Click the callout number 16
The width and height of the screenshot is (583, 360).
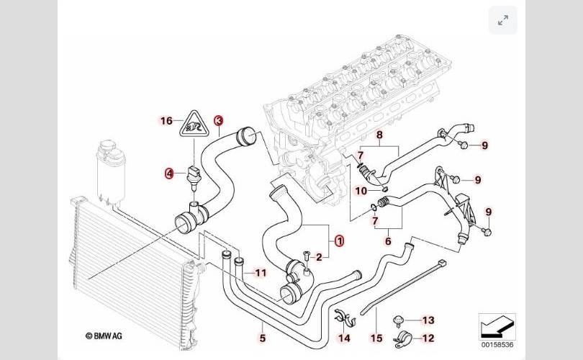[166, 121]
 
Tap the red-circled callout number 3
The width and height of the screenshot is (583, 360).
[218, 121]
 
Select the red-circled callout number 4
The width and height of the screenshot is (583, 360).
[169, 173]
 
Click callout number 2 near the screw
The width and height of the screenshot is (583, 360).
[319, 255]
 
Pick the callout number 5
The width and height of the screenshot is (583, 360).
[263, 336]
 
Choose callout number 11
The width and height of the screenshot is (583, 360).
[260, 273]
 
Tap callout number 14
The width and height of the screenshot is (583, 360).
[344, 337]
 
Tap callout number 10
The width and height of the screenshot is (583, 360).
[361, 191]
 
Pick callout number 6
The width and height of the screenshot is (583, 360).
[388, 242]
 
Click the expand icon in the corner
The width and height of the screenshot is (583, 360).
[503, 20]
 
